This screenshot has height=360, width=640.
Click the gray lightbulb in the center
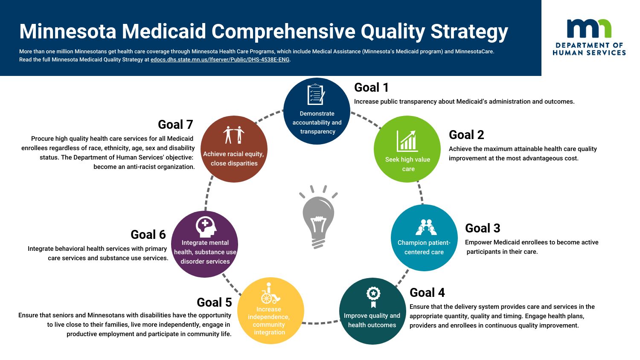click(318, 218)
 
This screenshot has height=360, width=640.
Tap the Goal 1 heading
click(371, 87)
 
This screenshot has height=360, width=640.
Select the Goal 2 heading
click(466, 135)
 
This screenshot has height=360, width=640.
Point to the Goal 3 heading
click(483, 228)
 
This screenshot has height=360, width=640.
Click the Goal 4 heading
click(427, 293)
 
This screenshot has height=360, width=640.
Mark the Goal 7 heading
click(175, 125)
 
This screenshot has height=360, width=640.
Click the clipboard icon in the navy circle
click(316, 95)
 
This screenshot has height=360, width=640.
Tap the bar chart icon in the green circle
click(407, 141)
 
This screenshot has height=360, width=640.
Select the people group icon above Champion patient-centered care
click(426, 228)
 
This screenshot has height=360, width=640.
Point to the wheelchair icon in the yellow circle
click(270, 293)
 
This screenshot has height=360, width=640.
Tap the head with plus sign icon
click(206, 226)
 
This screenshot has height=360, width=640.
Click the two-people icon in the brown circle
click(234, 135)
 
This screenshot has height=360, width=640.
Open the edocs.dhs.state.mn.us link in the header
click(220, 60)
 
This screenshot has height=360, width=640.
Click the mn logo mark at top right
click(589, 29)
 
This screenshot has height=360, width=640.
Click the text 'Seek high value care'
click(407, 164)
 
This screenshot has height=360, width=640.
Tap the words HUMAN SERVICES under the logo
click(589, 53)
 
